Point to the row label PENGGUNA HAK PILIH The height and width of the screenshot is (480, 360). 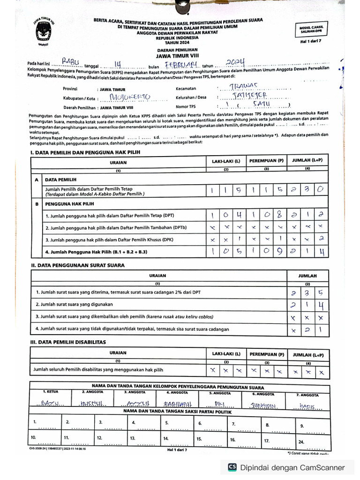[x=69, y=204]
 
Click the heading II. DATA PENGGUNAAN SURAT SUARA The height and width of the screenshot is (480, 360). [x=77, y=266]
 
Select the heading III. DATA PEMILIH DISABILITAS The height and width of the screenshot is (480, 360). [x=68, y=342]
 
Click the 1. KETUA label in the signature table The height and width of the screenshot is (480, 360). [x=50, y=391]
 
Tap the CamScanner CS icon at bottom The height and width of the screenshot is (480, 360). [x=232, y=467]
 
